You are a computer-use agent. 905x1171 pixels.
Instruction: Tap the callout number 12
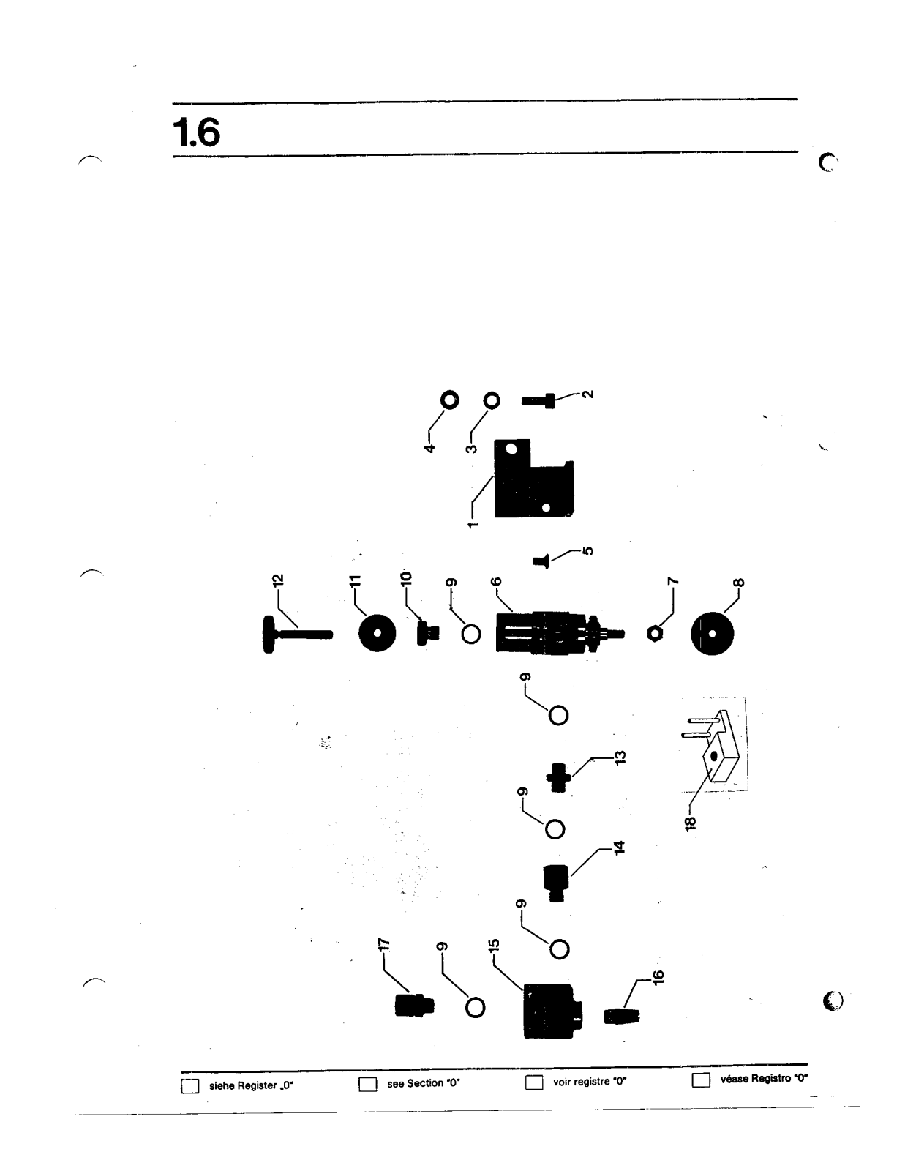pyautogui.click(x=277, y=580)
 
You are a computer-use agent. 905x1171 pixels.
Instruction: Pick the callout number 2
pyautogui.click(x=587, y=394)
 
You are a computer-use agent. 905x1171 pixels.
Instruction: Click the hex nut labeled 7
pyautogui.click(x=656, y=635)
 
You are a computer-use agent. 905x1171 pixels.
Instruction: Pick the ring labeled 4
pyautogui.click(x=449, y=400)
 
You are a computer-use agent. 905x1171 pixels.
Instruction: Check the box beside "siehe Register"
pyautogui.click(x=189, y=1085)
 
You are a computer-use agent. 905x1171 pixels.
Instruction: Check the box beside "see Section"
pyautogui.click(x=367, y=1084)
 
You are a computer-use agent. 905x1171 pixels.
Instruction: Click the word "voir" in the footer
pyautogui.click(x=562, y=1082)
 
